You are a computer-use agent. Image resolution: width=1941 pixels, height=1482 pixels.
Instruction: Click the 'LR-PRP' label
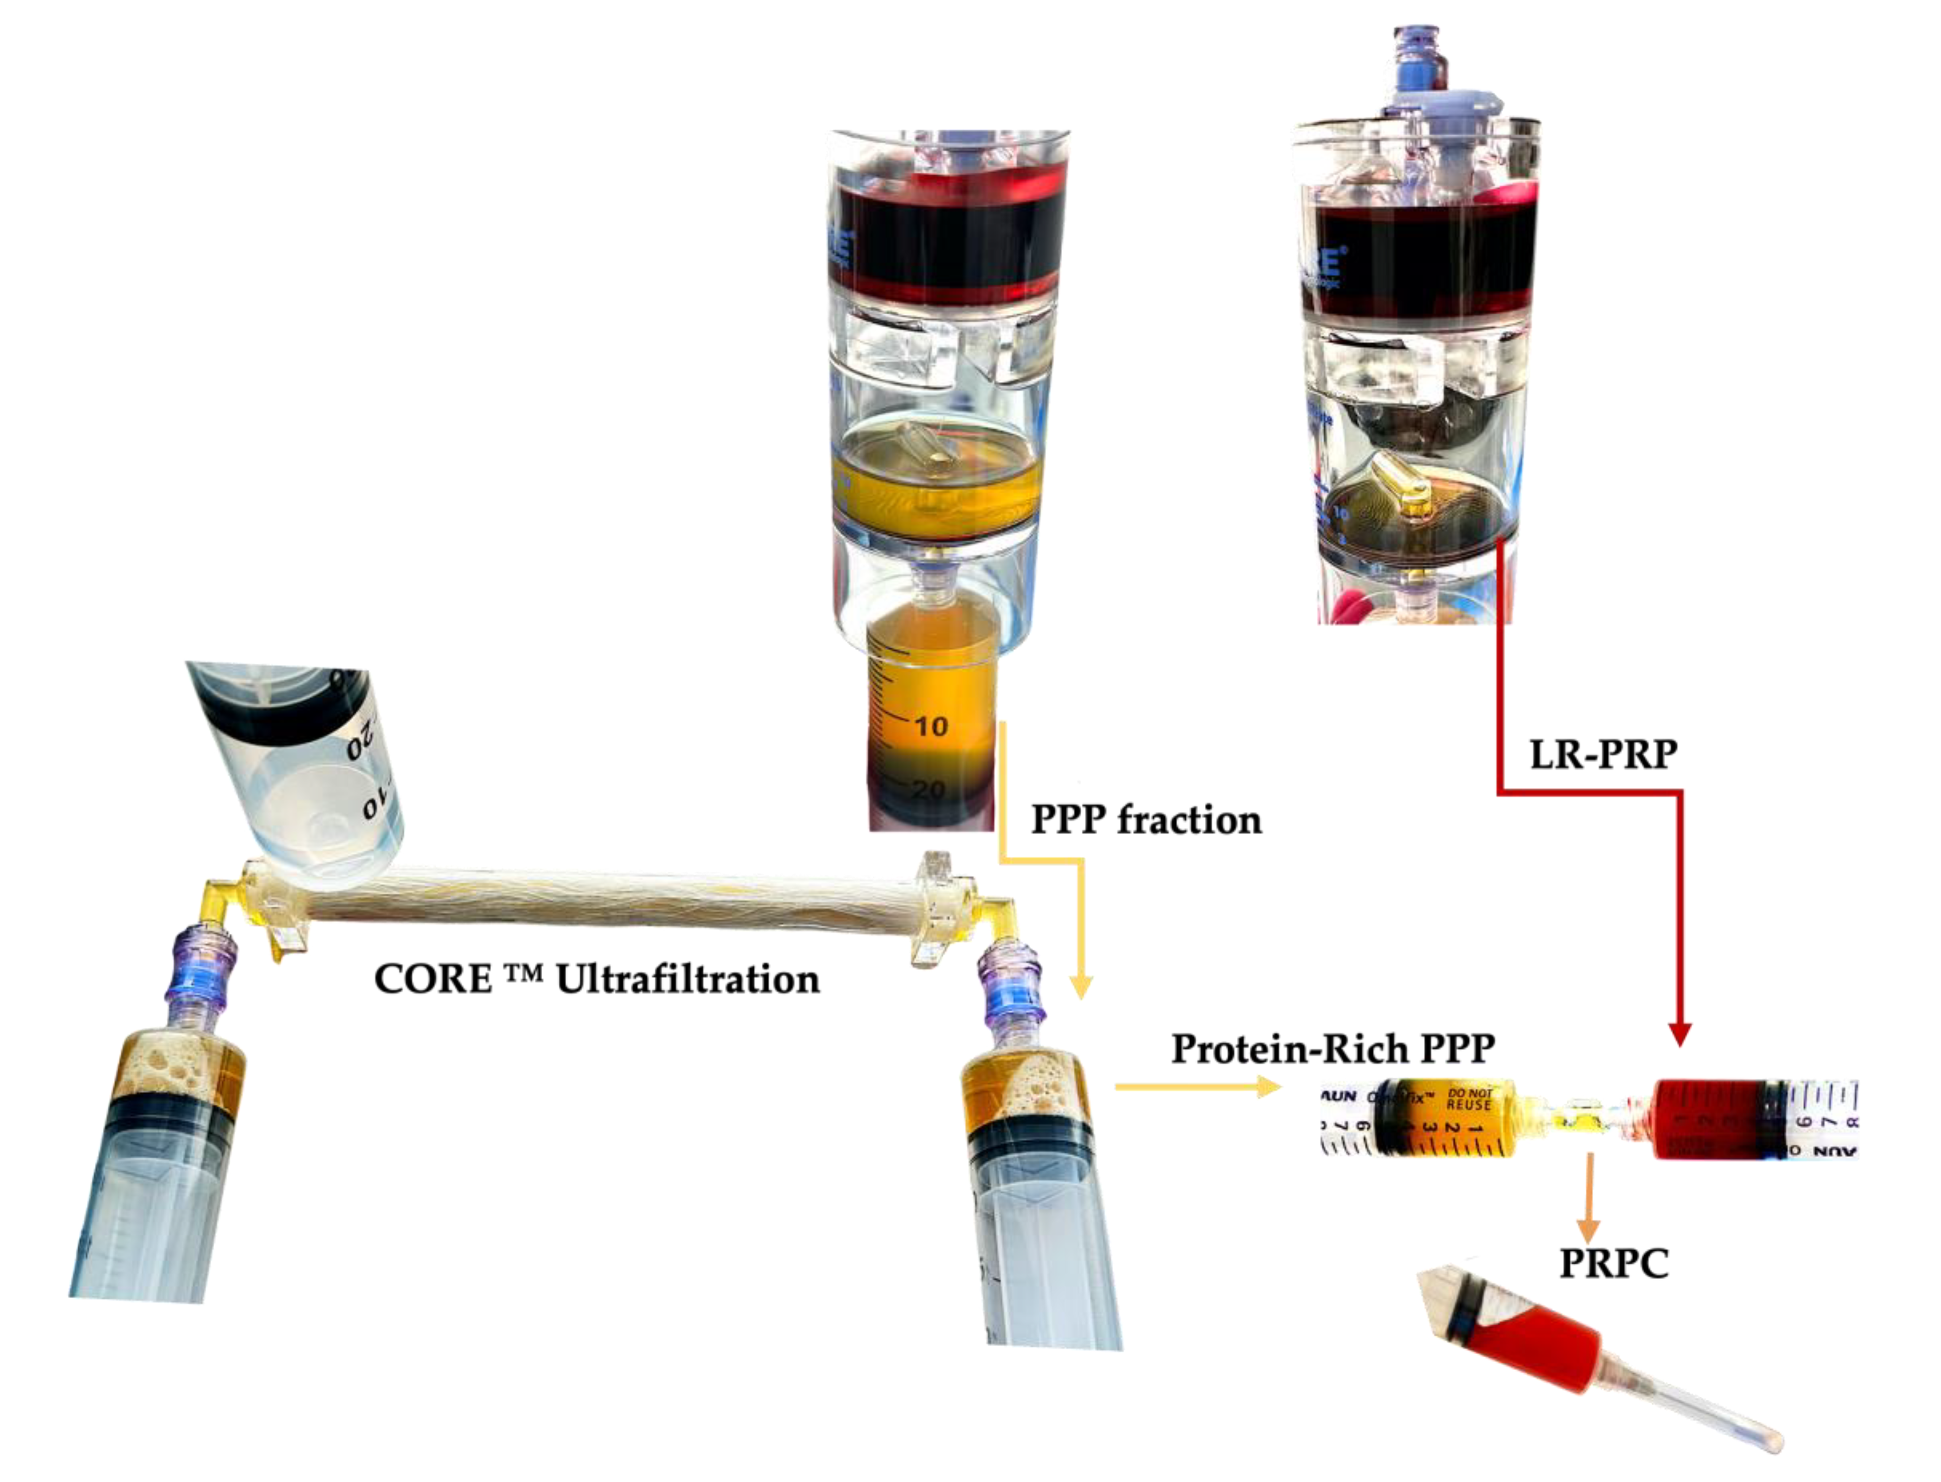(x=1602, y=755)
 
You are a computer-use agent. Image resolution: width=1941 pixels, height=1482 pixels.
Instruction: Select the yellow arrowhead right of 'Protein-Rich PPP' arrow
(x=1270, y=1087)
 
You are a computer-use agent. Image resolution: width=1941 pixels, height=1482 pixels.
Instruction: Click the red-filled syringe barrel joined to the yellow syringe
(x=1707, y=1119)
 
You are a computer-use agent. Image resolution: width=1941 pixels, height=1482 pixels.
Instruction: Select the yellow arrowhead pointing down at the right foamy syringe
(x=1081, y=988)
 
